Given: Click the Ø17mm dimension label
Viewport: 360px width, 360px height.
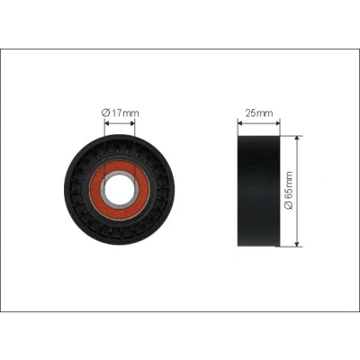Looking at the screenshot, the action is (x=120, y=113).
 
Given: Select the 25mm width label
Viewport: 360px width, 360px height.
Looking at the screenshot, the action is (x=259, y=113).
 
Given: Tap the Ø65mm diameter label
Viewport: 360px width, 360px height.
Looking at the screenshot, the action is (x=289, y=190).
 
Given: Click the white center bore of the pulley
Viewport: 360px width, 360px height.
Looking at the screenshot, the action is (x=120, y=190).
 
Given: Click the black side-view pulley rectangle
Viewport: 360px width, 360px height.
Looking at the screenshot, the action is (x=259, y=191).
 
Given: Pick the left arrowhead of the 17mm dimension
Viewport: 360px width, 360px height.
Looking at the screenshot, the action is (x=106, y=123).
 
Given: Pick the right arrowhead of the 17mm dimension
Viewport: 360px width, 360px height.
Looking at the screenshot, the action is (x=133, y=123).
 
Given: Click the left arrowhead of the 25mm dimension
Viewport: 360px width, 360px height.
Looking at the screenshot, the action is (x=239, y=122).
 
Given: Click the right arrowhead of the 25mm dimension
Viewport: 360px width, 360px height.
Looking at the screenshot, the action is (x=278, y=122).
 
